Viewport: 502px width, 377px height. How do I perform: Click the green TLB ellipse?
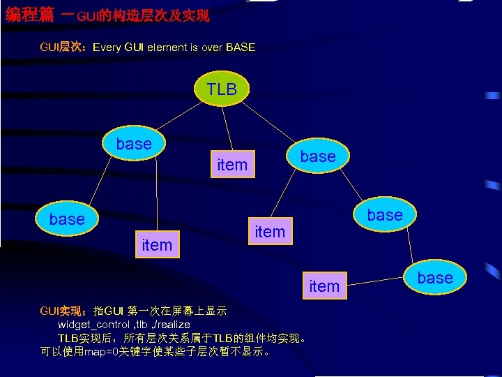[222, 88]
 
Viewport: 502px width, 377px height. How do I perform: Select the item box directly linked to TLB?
[232, 165]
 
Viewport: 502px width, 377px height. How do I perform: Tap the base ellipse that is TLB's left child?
[134, 144]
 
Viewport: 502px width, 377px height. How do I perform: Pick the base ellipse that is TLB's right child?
[317, 156]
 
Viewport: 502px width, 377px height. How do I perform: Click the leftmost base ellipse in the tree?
[67, 219]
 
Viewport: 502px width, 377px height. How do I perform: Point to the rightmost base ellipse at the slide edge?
[434, 278]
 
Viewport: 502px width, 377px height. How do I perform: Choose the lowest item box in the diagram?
[324, 286]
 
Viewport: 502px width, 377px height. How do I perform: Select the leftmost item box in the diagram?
[157, 245]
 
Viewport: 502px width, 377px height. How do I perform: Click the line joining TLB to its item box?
[227, 128]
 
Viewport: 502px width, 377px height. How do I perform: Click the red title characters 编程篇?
[29, 14]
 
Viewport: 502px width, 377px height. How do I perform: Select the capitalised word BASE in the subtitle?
[241, 47]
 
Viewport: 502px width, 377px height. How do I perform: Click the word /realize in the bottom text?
[172, 325]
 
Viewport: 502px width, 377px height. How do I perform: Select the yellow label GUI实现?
[61, 311]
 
